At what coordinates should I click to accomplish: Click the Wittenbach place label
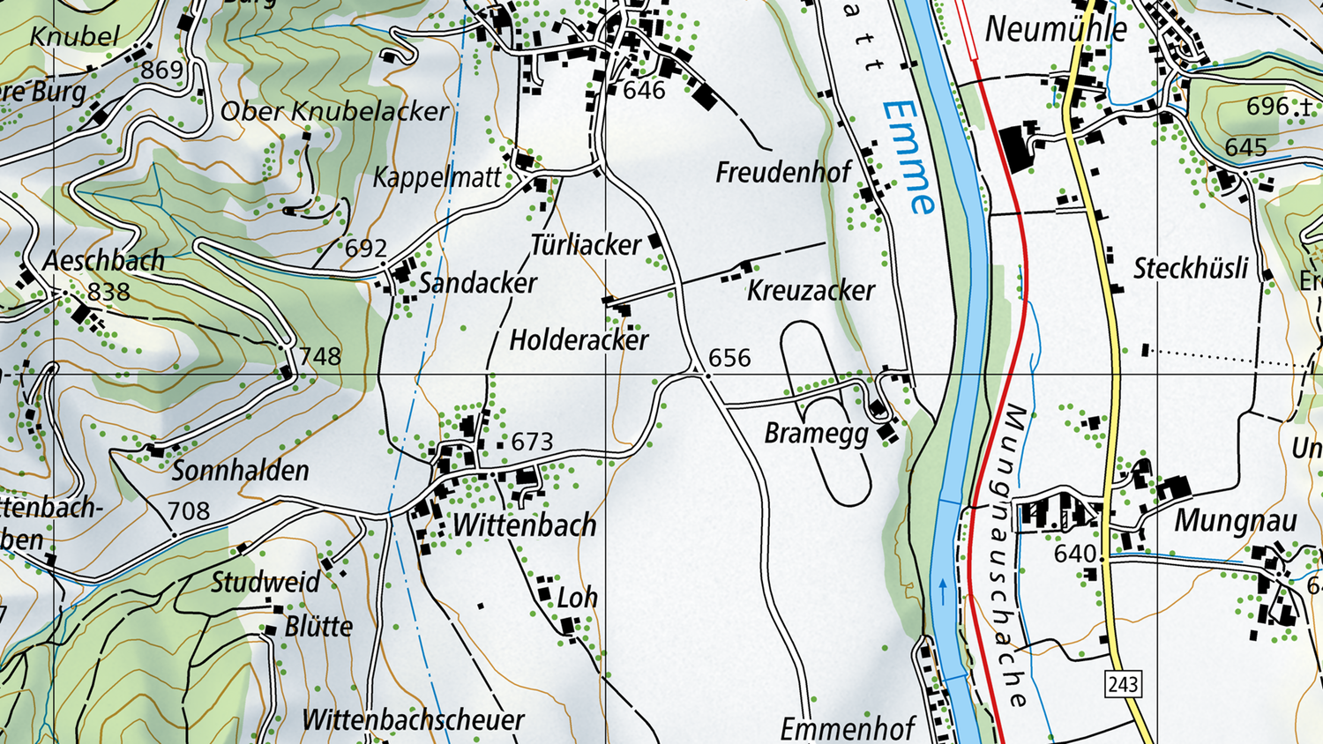click(524, 525)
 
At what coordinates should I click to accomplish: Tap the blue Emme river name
click(908, 157)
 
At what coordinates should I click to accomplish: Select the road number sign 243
click(1123, 684)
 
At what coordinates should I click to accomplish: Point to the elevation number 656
click(729, 358)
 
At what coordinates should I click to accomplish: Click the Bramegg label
click(816, 434)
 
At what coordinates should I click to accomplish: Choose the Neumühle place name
click(1056, 30)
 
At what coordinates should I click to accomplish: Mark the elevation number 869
click(162, 70)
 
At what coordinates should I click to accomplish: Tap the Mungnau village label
click(1235, 521)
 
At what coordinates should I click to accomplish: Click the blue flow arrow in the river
click(943, 590)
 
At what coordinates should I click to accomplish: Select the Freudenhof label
click(783, 173)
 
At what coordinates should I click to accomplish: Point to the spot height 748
click(319, 356)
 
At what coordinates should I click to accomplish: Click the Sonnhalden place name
click(240, 471)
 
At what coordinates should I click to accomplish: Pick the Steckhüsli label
click(1191, 268)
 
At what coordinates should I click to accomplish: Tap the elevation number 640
click(1075, 554)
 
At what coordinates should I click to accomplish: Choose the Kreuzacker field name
click(811, 290)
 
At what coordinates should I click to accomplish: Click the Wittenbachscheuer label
click(413, 720)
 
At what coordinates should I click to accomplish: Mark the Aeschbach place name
click(103, 261)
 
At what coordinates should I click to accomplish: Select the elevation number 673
click(532, 442)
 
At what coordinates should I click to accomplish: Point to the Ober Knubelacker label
click(334, 111)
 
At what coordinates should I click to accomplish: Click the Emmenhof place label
click(848, 729)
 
